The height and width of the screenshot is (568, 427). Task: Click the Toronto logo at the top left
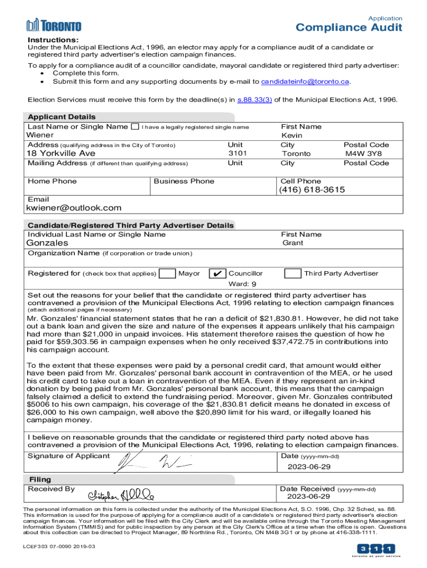coord(54,25)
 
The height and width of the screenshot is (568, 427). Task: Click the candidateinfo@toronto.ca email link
coord(306,82)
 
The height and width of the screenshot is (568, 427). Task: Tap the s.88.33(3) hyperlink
coord(255,100)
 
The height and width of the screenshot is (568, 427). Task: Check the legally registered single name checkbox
coord(135,126)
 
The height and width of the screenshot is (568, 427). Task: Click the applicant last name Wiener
coord(40,135)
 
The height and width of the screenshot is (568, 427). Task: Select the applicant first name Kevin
coord(292,135)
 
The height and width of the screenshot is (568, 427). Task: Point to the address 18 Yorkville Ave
coord(61,153)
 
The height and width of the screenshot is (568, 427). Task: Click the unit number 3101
coord(237,153)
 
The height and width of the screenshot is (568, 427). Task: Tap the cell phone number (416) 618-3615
coord(313,190)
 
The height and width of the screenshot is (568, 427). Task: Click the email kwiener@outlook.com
coord(73,208)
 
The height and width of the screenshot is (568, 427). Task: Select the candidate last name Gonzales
coord(48,243)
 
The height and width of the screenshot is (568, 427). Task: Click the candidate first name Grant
coord(293,243)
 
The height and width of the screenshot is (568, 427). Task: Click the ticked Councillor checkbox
coord(217,273)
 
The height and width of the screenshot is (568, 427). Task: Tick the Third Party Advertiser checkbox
coord(293,273)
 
